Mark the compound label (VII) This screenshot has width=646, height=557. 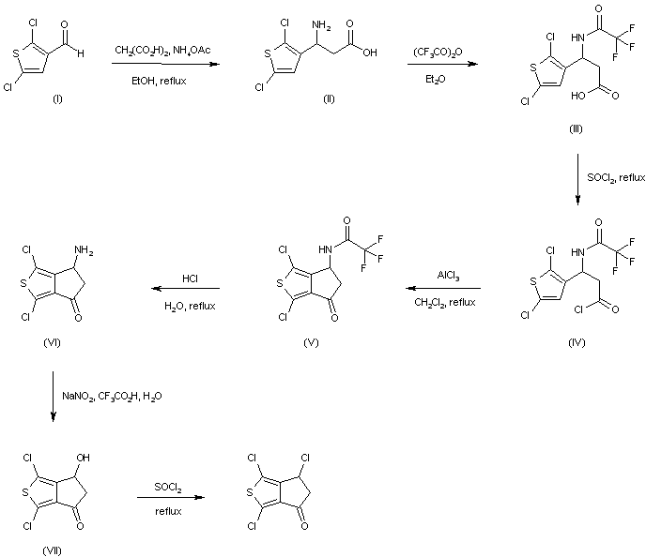[53, 549]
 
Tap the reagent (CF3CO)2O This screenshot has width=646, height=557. [438, 49]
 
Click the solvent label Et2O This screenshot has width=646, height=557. [438, 81]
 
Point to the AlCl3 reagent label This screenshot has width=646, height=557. [447, 276]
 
